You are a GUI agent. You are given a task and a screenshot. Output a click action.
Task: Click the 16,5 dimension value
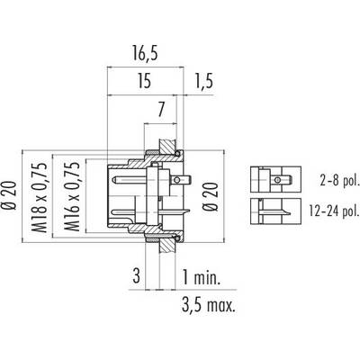(x=145, y=54)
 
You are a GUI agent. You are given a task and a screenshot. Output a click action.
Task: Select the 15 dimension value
(x=144, y=82)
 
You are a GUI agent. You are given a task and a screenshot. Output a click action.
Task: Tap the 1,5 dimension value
(x=204, y=82)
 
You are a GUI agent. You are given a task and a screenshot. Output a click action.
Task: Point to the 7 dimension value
(x=161, y=110)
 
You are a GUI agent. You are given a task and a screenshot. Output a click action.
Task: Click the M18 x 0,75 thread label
(x=40, y=198)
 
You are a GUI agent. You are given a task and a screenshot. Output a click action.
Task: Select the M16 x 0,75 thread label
(x=72, y=197)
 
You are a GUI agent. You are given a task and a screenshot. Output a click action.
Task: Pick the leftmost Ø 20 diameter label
(x=8, y=195)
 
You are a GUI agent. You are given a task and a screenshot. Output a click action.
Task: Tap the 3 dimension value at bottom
(x=137, y=276)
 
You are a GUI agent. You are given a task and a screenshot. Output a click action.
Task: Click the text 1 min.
(x=202, y=277)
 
